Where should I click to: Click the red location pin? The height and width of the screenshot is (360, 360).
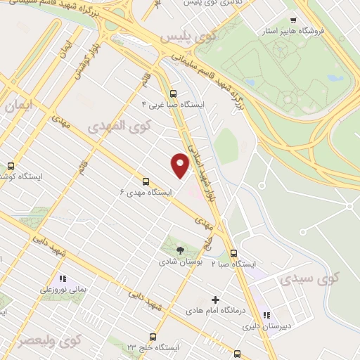(x=181, y=165)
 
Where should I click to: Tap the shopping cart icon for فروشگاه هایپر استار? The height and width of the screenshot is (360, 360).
(x=293, y=20)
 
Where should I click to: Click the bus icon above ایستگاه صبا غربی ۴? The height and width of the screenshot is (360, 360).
(x=173, y=93)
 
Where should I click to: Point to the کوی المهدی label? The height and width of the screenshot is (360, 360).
(x=116, y=126)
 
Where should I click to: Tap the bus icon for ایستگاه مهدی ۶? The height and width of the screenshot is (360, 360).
(x=146, y=181)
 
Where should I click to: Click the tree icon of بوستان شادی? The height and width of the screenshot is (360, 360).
(x=180, y=250)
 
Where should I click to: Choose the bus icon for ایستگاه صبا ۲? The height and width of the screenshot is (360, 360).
(x=233, y=254)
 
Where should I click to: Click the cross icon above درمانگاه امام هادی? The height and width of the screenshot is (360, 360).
(x=215, y=300)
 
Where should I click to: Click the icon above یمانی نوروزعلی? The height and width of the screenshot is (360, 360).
(x=63, y=278)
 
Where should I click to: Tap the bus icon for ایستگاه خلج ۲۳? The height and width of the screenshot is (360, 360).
(x=153, y=337)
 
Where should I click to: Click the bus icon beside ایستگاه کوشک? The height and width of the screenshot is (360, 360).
(x=10, y=166)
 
